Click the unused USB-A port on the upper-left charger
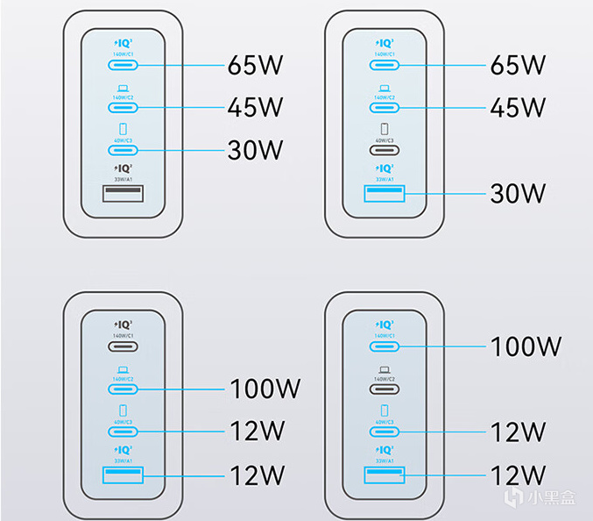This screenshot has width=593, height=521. [123, 194]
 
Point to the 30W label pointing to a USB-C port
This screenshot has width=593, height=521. [256, 149]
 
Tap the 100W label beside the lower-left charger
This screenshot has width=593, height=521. [264, 388]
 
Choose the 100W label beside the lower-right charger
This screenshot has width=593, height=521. [525, 346]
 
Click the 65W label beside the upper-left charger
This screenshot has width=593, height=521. [256, 64]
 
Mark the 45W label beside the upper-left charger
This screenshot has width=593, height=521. [256, 107]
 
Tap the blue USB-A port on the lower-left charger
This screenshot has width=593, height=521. [124, 475]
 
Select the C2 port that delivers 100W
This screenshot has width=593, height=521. [124, 389]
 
